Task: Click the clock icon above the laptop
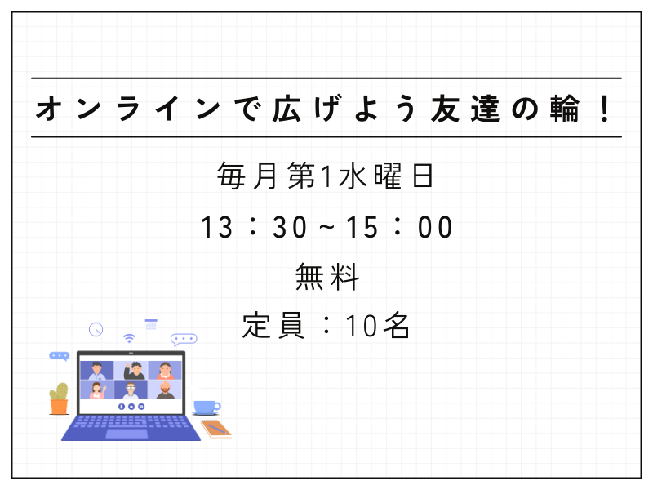(96, 330)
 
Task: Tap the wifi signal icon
(130, 338)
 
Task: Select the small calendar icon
(151, 324)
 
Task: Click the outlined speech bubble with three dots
(184, 340)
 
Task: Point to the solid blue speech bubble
(59, 356)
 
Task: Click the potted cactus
(59, 399)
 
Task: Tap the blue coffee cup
(207, 408)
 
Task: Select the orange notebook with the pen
(216, 429)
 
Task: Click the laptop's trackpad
(127, 434)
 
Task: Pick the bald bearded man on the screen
(166, 390)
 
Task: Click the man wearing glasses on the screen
(131, 390)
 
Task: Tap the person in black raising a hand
(134, 371)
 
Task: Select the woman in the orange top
(166, 371)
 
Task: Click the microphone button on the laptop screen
(121, 406)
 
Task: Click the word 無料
(327, 277)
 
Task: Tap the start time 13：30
(254, 228)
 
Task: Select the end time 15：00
(399, 228)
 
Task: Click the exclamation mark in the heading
(604, 109)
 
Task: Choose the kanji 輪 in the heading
(565, 109)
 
